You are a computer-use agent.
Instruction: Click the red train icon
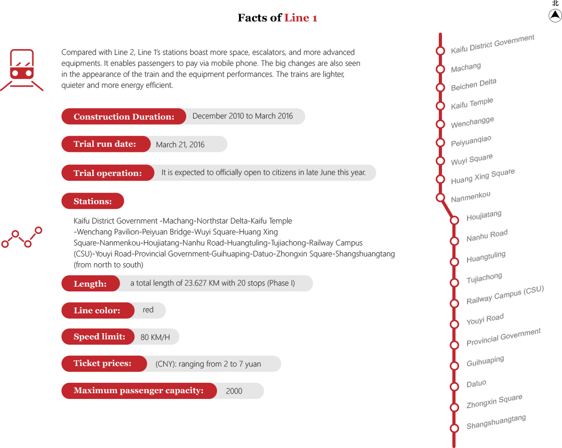[x=22, y=69]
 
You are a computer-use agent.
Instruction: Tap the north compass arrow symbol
[x=555, y=16]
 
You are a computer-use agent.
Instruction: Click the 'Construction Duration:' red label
[x=124, y=116]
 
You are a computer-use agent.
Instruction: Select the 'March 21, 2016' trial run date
[x=180, y=145]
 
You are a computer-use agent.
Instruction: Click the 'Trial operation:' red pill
[x=108, y=173]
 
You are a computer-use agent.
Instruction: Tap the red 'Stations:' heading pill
[x=93, y=201]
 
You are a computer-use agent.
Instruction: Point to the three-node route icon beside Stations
[x=21, y=237]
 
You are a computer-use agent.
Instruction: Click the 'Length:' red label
[x=91, y=284]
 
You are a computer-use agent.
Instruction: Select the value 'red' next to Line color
[x=148, y=310]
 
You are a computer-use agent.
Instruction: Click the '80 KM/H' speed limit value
[x=155, y=337]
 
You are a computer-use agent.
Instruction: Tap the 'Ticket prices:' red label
[x=104, y=363]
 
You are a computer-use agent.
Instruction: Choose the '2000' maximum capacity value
[x=234, y=391]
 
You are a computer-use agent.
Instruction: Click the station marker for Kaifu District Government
[x=440, y=51]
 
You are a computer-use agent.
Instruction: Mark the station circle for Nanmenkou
[x=440, y=197]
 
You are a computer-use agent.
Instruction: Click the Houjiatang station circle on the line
[x=455, y=220]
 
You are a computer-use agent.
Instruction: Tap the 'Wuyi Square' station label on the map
[x=472, y=159]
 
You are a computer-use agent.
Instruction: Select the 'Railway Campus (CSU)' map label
[x=505, y=295]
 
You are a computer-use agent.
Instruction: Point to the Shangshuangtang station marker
[x=455, y=428]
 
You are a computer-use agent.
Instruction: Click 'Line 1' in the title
[x=301, y=18]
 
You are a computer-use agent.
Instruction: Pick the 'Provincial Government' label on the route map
[x=503, y=337]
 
